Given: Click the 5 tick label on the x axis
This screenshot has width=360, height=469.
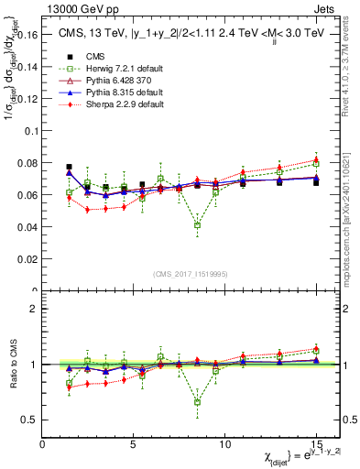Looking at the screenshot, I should click(x=134, y=444).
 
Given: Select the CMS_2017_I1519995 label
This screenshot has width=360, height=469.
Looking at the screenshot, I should click(x=190, y=274).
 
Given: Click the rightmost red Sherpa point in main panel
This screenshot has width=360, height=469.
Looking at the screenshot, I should click(x=316, y=159).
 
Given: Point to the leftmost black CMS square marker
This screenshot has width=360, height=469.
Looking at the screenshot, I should click(x=70, y=168).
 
